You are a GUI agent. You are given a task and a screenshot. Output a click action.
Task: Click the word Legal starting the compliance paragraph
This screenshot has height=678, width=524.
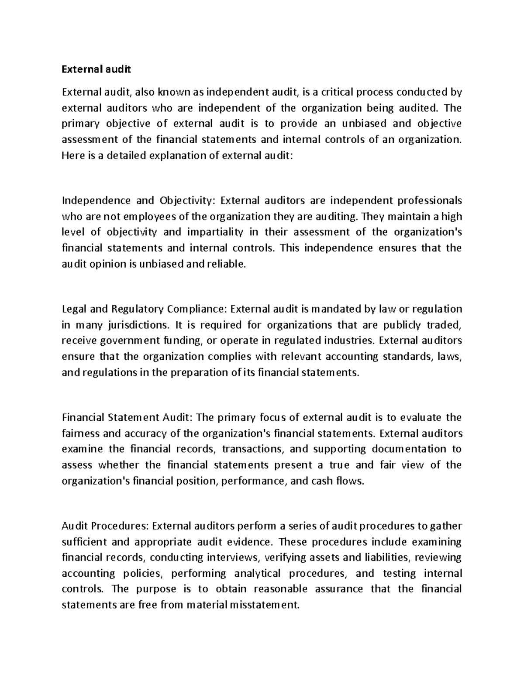coord(73,309)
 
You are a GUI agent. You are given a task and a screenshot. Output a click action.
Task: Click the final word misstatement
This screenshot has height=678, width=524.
coord(265,605)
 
